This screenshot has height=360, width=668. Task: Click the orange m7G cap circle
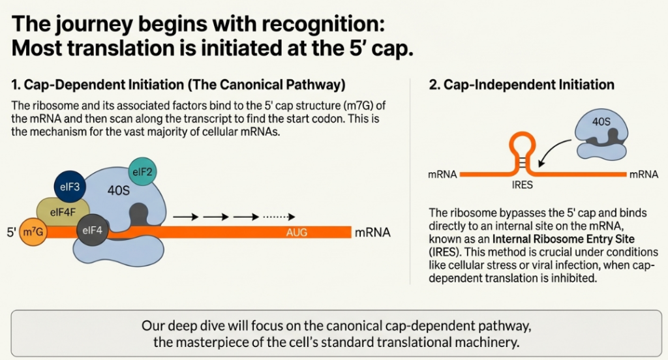32,232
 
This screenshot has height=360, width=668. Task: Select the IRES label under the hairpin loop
523,185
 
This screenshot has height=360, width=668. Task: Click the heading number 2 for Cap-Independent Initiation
434,85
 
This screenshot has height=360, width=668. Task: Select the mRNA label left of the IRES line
442,175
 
